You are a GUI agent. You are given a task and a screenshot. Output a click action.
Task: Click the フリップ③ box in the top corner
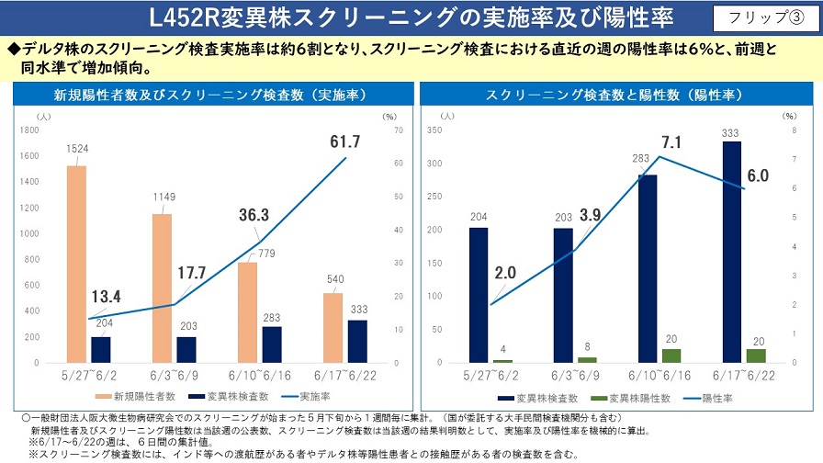[760, 18]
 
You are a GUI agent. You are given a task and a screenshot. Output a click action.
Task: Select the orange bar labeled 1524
[76, 264]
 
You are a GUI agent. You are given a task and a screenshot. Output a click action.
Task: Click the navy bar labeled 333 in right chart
[732, 252]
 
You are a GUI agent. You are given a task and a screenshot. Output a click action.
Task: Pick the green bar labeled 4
[502, 360]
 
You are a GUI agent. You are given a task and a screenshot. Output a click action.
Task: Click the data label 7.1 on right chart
[670, 142]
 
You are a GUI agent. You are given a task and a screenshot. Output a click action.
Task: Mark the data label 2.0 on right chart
[504, 274]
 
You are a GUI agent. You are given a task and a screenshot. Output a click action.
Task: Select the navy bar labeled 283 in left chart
[272, 344]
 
